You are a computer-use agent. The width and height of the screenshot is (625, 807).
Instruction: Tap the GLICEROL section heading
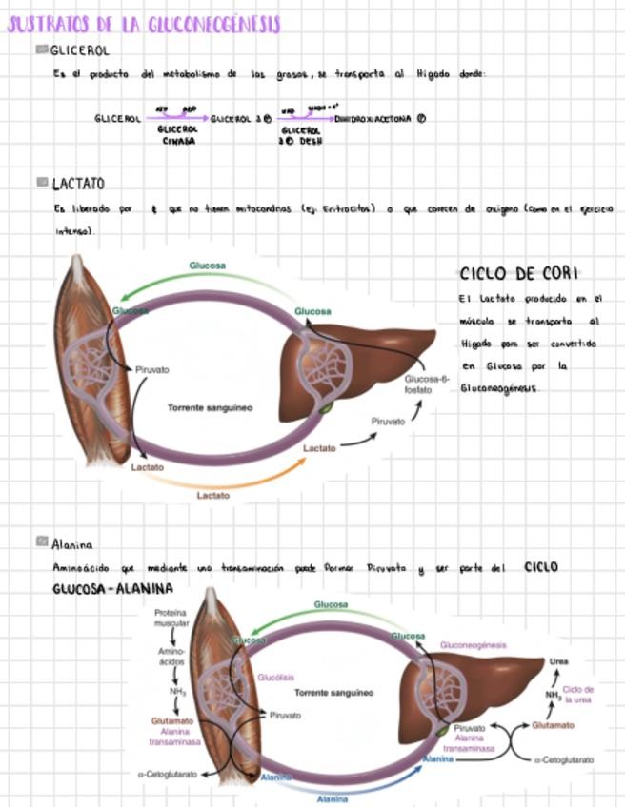pyautogui.click(x=80, y=49)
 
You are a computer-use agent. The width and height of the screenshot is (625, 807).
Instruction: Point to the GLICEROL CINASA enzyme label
pyautogui.click(x=177, y=134)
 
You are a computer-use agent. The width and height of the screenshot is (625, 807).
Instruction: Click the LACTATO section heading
pyautogui.click(x=78, y=183)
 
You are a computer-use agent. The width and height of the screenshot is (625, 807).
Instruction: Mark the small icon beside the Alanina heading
pyautogui.click(x=42, y=541)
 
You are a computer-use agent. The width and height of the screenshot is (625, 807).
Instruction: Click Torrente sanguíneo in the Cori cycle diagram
pyautogui.click(x=210, y=407)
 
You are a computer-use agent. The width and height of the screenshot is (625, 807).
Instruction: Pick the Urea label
pyautogui.click(x=559, y=662)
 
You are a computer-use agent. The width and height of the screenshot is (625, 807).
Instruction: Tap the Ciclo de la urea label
pyautogui.click(x=578, y=694)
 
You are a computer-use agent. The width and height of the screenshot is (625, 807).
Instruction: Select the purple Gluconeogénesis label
pyautogui.click(x=474, y=645)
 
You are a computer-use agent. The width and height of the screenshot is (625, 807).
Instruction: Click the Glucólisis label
pyautogui.click(x=275, y=678)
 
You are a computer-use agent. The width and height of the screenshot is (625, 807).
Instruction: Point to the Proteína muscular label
pyautogui.click(x=171, y=619)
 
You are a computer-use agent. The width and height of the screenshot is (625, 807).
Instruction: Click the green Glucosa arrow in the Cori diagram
pyautogui.click(x=210, y=282)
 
